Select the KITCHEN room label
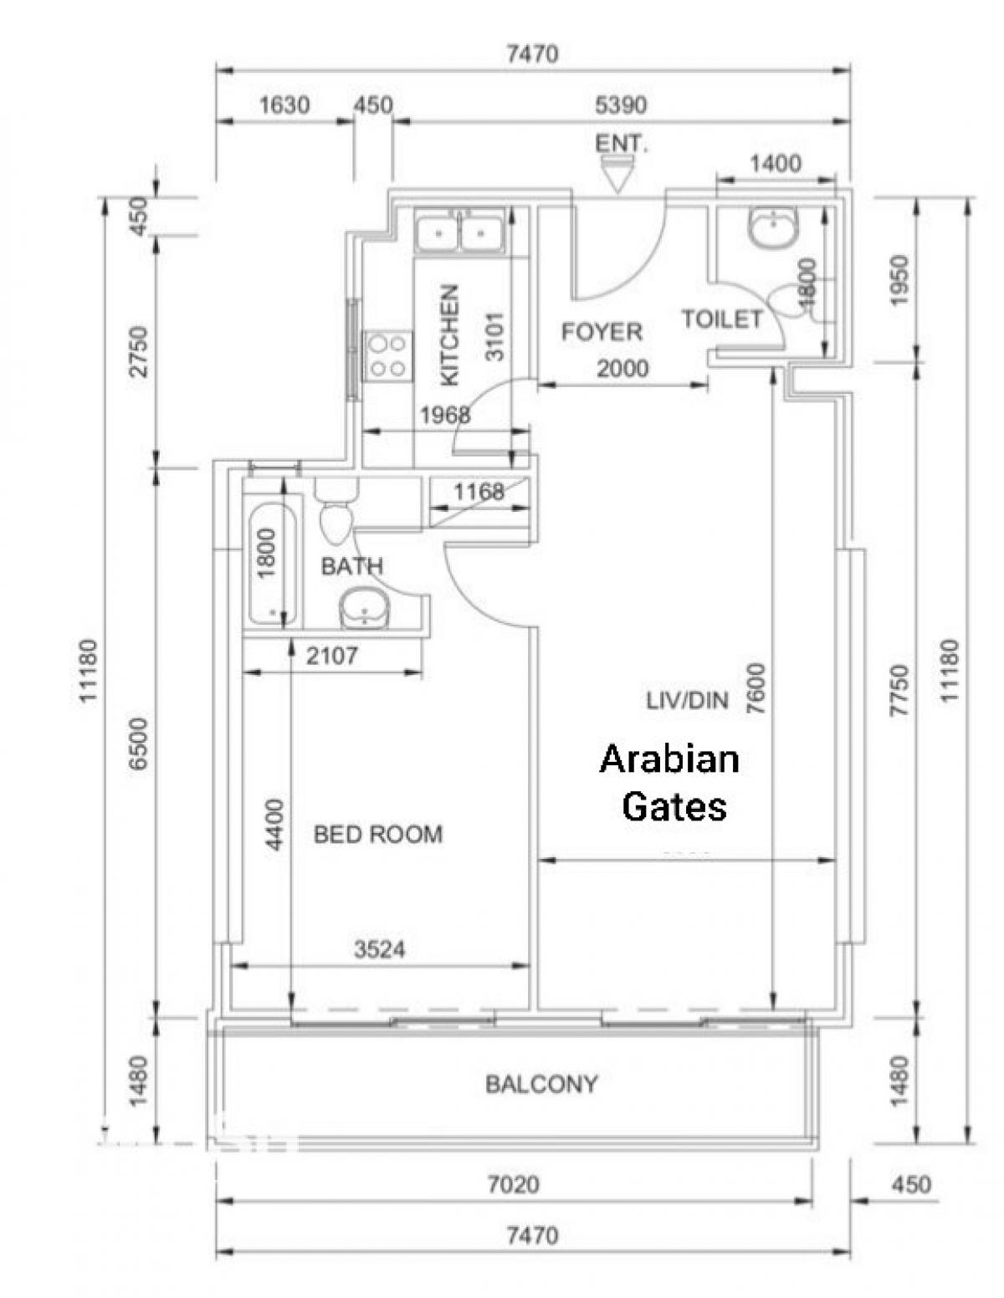(x=449, y=335)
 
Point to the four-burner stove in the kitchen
(x=387, y=355)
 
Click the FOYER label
(x=601, y=331)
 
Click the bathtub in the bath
(x=272, y=565)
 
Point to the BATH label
(x=351, y=565)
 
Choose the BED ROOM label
(x=377, y=835)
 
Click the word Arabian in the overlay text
(x=669, y=759)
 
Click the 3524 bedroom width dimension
(x=379, y=949)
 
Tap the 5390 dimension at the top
(x=621, y=105)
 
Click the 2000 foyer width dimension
(x=622, y=368)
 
